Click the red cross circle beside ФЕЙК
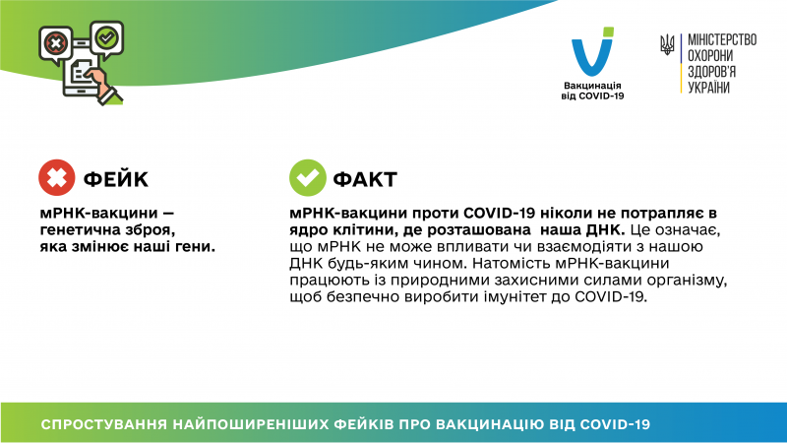pos(56,178)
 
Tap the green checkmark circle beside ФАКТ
pos(307,178)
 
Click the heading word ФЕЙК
pos(116,179)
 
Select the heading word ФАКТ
pos(366,179)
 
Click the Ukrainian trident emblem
pos(667,45)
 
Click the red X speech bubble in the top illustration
pos(55,43)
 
